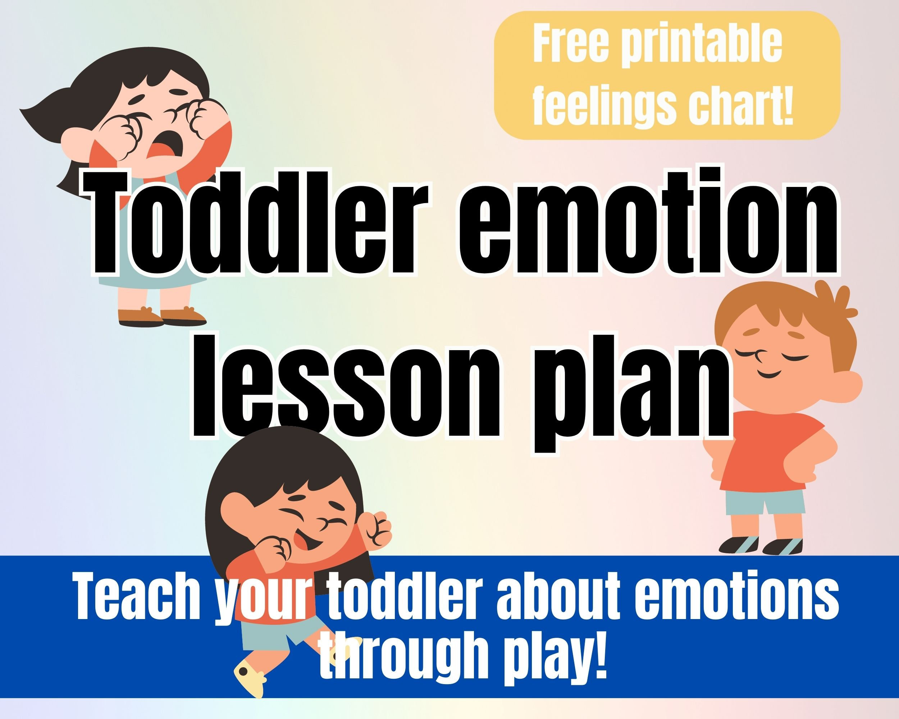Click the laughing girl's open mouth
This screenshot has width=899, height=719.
tap(307, 542)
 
